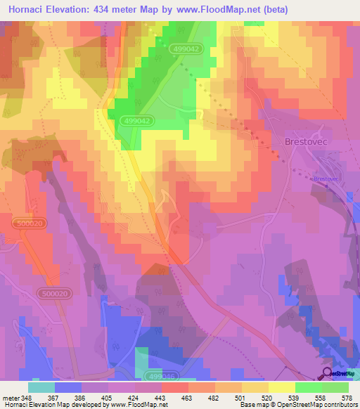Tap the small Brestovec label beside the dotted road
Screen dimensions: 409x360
tap(326, 178)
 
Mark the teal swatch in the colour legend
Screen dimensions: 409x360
tap(41, 387)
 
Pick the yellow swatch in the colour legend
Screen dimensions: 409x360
tap(281, 387)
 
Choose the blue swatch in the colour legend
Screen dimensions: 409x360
tap(68, 387)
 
